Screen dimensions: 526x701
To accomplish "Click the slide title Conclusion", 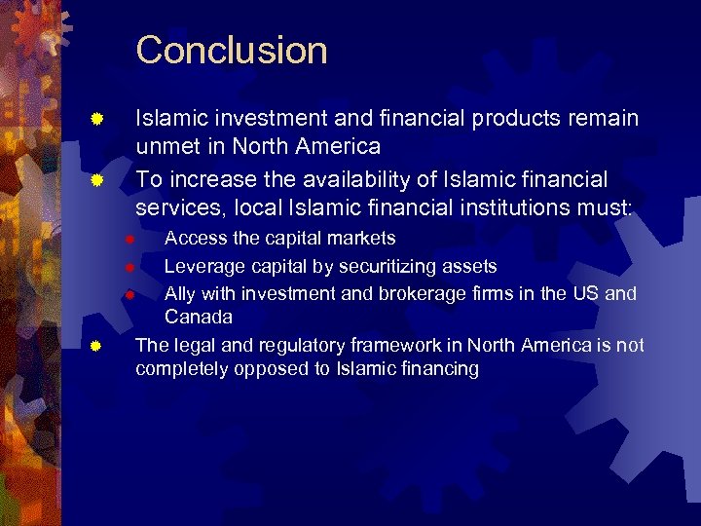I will tap(232, 51).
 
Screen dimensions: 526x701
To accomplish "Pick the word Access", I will tap(193, 239).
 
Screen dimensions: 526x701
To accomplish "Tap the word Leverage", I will tap(202, 266).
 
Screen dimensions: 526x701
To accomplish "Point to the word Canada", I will tap(199, 318).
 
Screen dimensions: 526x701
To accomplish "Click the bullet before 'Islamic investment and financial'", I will tap(96, 121).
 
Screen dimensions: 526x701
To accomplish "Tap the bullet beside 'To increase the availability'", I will tap(96, 181).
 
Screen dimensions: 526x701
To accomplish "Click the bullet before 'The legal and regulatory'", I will tap(96, 345).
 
